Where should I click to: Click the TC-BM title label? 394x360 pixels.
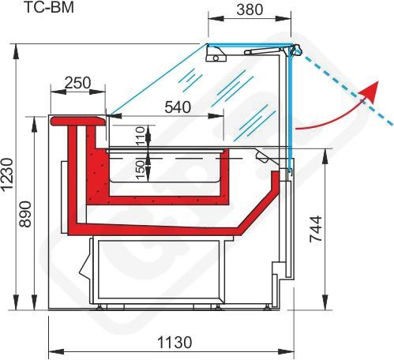click(49, 7)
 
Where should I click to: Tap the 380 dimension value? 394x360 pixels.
click(250, 9)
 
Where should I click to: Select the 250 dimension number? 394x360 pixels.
click(77, 83)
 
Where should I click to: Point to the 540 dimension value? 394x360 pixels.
click(178, 107)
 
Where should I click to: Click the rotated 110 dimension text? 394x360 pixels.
click(141, 136)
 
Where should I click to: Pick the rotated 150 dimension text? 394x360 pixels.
click(141, 169)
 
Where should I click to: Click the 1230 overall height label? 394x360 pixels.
click(6, 174)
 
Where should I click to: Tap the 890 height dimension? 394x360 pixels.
click(25, 214)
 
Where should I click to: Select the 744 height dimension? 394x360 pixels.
click(315, 228)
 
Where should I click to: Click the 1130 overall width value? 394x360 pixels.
click(174, 343)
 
